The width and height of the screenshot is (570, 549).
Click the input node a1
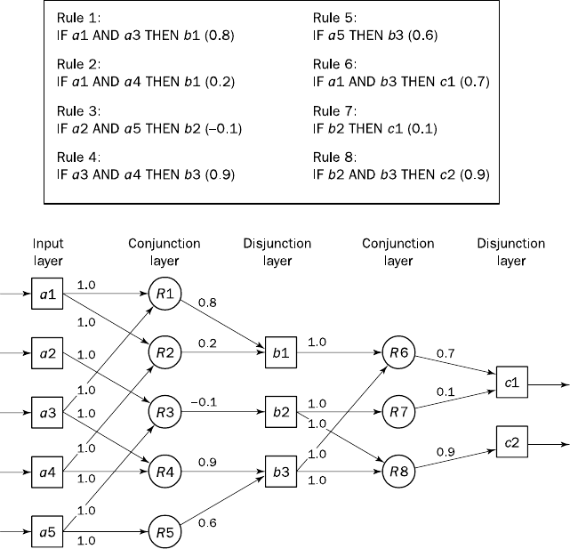[x=46, y=291]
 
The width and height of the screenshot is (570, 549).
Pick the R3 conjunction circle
[x=165, y=412]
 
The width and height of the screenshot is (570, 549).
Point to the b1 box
[x=281, y=351]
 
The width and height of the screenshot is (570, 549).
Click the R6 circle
[x=397, y=351]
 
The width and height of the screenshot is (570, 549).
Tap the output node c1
[x=512, y=383]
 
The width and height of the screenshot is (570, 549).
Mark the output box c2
[x=512, y=442]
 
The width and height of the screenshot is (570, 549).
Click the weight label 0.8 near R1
[x=207, y=303]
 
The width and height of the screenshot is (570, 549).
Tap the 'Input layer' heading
[x=48, y=252]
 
